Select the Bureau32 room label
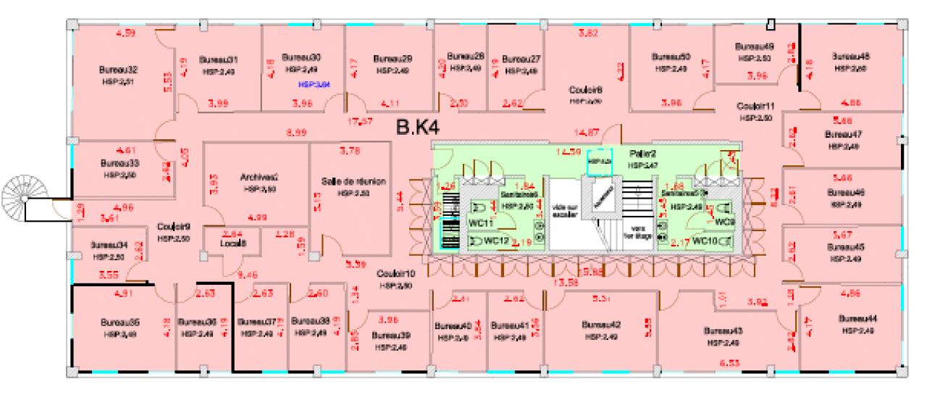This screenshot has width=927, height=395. pyautogui.click(x=118, y=70)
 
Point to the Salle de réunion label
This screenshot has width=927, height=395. pyautogui.click(x=353, y=181)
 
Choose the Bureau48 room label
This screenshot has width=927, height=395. pyautogui.click(x=850, y=56)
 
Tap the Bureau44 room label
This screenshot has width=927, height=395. pyautogui.click(x=858, y=319)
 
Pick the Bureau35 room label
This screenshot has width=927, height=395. pyautogui.click(x=120, y=322)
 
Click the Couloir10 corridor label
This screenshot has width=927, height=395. pyautogui.click(x=395, y=274)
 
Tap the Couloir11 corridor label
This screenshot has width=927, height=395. pyautogui.click(x=755, y=105)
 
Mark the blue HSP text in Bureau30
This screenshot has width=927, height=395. pyautogui.click(x=315, y=83)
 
